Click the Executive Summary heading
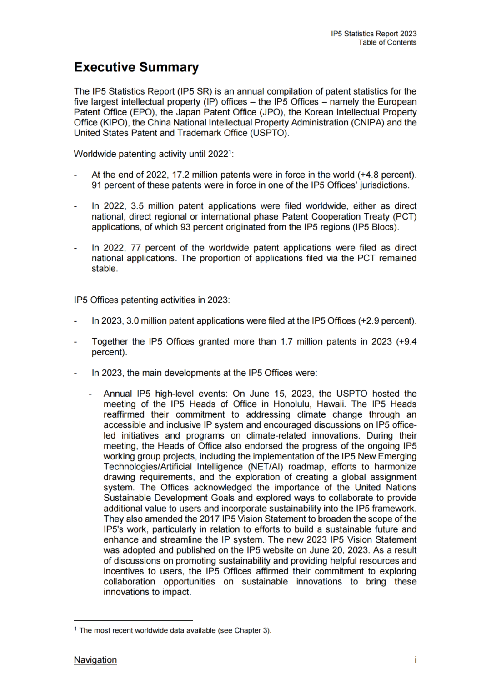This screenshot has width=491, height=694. pos(136,67)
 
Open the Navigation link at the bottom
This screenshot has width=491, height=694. pos(95,659)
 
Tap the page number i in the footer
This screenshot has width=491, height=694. pos(415,659)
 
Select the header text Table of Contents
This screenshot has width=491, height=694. pos(387,42)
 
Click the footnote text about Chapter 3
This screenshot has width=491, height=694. pos(175,630)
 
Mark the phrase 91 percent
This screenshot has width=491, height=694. pos(114,185)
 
